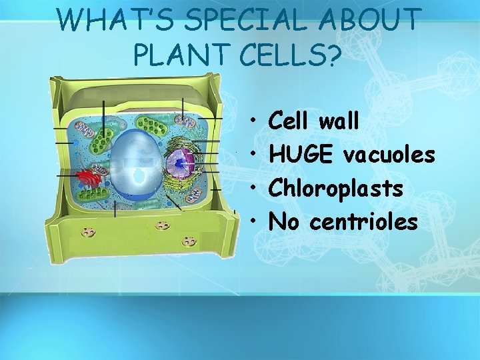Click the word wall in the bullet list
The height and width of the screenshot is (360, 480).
click(x=339, y=121)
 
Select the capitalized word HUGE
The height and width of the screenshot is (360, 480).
click(x=301, y=155)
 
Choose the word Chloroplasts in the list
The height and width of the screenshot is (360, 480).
click(x=335, y=188)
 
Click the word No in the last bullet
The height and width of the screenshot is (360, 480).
click(x=283, y=221)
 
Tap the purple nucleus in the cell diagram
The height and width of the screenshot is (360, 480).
click(x=178, y=164)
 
